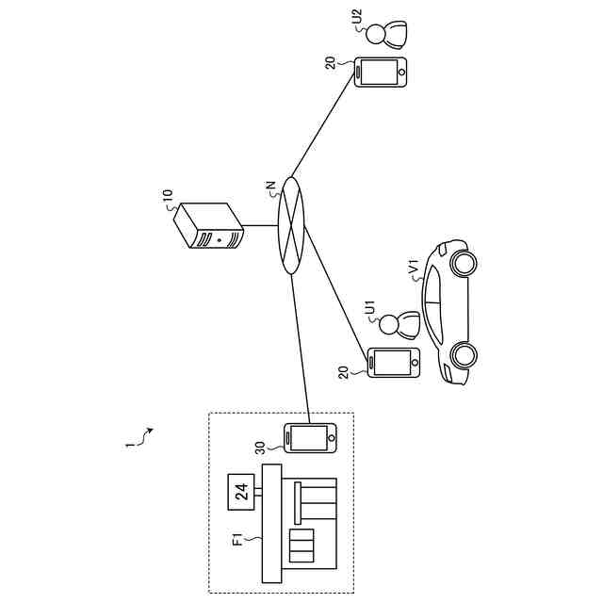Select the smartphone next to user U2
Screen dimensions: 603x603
click(x=381, y=73)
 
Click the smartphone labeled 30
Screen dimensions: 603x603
click(x=310, y=438)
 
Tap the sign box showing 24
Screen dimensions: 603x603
click(x=241, y=490)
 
